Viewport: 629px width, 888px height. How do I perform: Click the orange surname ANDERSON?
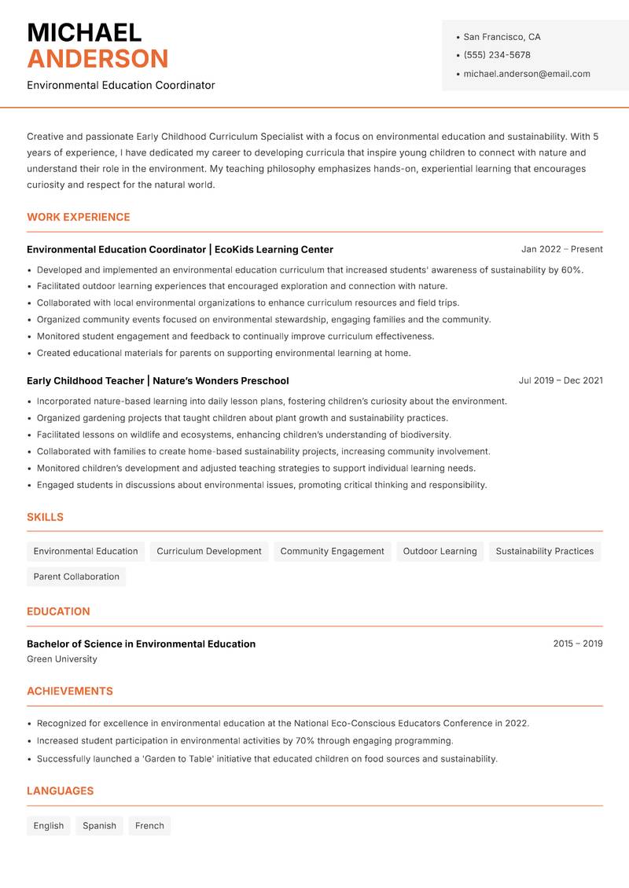point(97,59)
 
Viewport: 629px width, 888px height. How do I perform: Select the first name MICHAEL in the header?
point(84,32)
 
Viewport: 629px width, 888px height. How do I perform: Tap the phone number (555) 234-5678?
point(497,55)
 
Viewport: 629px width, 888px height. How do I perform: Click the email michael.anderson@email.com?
point(527,74)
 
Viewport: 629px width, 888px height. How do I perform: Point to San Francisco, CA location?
point(502,37)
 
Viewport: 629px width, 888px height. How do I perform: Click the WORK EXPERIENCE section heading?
point(79,217)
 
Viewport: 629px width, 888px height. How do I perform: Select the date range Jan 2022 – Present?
point(561,249)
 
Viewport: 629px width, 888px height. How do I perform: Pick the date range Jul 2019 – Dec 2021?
point(561,380)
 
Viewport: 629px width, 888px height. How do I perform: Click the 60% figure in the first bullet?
point(572,270)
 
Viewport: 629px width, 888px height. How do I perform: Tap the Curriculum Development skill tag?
point(209,551)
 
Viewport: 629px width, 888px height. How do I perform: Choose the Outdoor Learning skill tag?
point(440,551)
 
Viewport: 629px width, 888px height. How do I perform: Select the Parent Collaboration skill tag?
point(76,576)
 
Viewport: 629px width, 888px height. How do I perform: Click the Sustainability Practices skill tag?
point(544,551)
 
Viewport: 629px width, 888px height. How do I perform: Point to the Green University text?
point(62,659)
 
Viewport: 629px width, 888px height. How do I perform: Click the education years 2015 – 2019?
point(577,644)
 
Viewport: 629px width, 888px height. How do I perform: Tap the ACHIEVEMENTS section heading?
point(70,692)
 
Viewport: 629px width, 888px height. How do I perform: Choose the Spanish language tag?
point(99,826)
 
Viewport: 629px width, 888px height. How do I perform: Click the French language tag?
point(149,826)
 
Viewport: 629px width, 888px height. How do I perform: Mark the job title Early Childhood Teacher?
point(85,380)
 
